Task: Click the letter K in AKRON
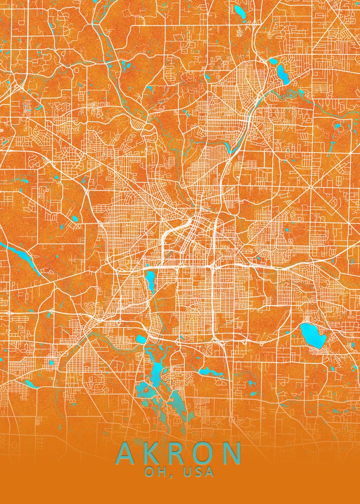pos(153,452)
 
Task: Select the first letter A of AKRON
pos(127,452)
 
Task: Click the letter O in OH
pos(149,472)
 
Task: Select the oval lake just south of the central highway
pos(150,281)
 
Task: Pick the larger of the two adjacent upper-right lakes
pos(282,74)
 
